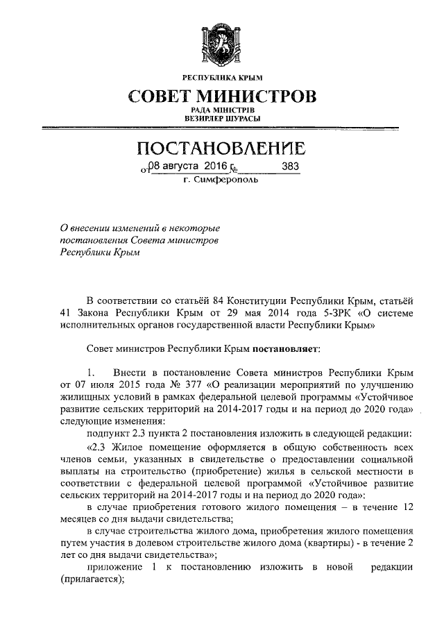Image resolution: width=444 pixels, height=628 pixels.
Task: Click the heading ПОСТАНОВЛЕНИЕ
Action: coord(221,148)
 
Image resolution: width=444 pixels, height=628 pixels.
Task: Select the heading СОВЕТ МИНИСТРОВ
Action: coord(222,96)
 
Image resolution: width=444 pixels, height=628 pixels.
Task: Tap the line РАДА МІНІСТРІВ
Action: coord(222,110)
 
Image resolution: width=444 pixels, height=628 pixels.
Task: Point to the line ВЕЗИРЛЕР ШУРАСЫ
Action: coord(222,119)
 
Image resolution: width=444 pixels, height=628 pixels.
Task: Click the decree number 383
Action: coord(291,167)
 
